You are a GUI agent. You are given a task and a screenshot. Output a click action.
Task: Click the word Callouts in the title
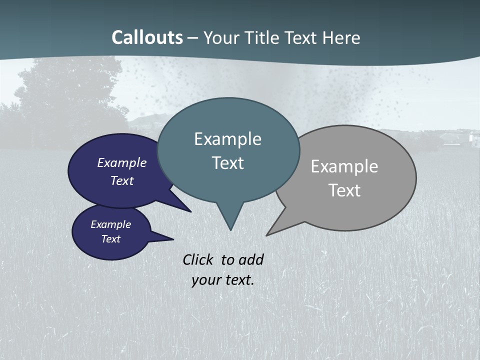pos(147,37)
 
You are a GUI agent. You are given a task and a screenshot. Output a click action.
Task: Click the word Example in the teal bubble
pos(227,139)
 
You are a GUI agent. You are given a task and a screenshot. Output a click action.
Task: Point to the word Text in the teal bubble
pos(227,163)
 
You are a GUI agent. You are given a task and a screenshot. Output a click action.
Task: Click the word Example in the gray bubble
pos(344,166)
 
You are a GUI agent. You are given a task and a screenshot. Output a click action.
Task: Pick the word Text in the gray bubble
pos(344,190)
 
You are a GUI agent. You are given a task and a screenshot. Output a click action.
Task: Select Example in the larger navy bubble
pos(121,163)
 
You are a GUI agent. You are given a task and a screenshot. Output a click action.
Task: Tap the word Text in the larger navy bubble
pos(121,180)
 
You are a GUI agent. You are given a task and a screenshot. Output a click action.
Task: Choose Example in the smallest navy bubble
pos(110,224)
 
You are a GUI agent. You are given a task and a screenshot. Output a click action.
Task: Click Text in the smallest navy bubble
pos(110,239)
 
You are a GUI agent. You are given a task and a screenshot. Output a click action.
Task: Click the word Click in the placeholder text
pos(198,259)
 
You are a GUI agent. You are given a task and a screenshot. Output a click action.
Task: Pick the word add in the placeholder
pos(250,259)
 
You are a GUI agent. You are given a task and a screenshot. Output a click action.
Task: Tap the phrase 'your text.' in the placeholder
pos(222,279)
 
